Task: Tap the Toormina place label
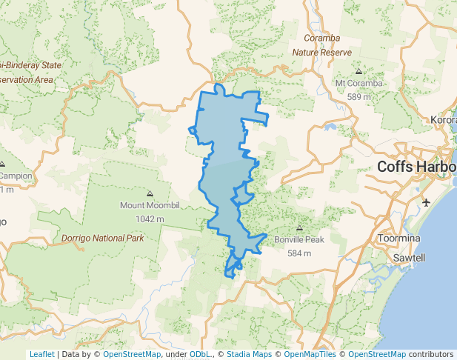398,239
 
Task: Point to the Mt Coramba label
359,83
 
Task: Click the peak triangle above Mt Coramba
359,72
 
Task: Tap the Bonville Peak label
299,240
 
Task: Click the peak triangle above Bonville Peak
299,229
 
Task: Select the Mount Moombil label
150,205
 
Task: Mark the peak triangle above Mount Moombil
150,193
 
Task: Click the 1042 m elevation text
150,219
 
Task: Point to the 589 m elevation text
359,96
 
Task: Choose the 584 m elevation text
299,253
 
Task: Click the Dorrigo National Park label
102,239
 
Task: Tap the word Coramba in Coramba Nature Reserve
322,38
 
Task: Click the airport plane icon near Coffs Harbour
427,202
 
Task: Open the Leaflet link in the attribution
41,354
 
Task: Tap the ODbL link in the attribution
200,354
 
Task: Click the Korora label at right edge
443,119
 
